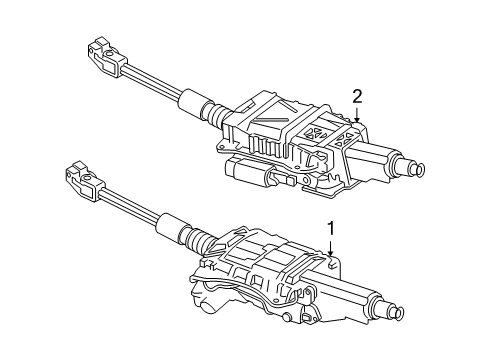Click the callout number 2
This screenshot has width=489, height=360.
[357, 97]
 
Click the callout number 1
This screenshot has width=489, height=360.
[331, 229]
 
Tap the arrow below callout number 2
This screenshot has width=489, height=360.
[357, 114]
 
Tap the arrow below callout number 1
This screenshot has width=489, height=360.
[331, 247]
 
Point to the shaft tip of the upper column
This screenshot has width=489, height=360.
[418, 168]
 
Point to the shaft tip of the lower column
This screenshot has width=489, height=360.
[397, 311]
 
